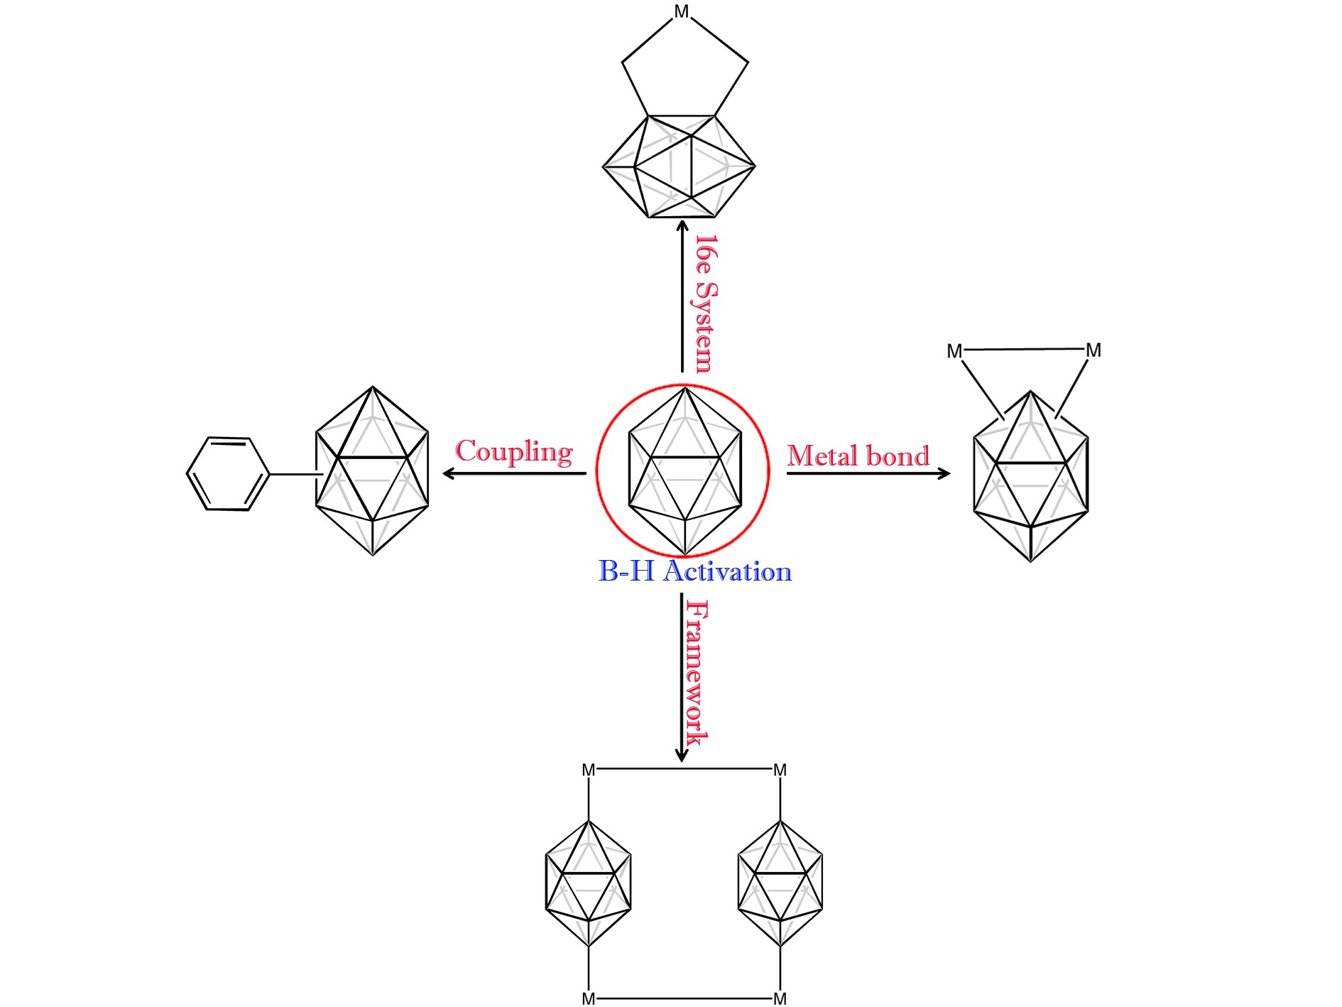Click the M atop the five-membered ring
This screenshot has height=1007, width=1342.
tap(682, 12)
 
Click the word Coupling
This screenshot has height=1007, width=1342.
tap(514, 452)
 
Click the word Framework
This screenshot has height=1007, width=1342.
tap(697, 672)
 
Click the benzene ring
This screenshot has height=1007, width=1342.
tap(227, 473)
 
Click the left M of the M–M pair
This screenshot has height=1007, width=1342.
tap(954, 352)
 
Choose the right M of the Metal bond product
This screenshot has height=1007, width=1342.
tap(1093, 350)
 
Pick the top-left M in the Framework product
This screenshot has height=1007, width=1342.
tap(589, 770)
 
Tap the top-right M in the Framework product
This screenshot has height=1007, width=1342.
tap(780, 770)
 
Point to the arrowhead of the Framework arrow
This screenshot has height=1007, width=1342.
tap(682, 755)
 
